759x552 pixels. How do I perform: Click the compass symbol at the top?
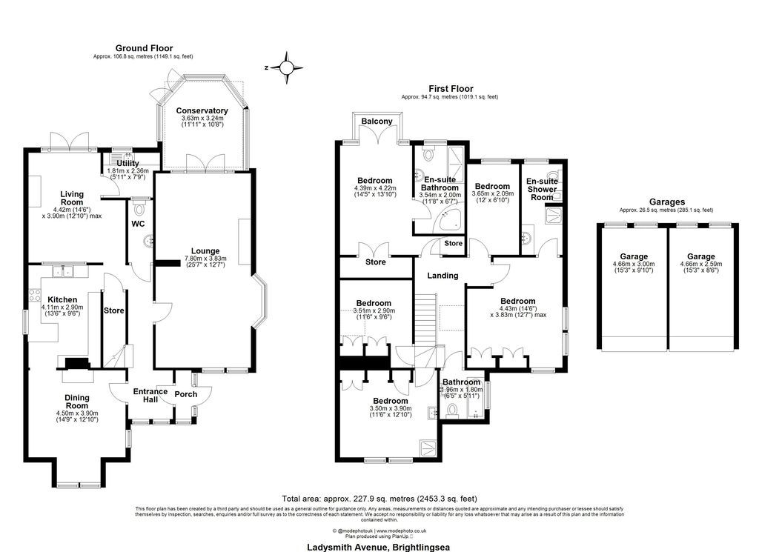(x=286, y=67)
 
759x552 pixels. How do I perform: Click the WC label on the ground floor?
(x=138, y=223)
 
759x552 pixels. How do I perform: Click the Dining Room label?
(x=77, y=402)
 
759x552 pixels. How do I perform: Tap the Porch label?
(x=185, y=394)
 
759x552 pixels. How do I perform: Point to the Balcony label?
(x=377, y=122)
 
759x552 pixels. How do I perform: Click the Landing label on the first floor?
(x=442, y=276)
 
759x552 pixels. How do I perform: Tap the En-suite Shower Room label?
(x=542, y=189)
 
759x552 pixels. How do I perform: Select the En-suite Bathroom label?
(x=440, y=184)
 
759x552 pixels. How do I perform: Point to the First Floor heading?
(x=449, y=87)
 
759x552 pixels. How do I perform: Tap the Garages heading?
(x=664, y=201)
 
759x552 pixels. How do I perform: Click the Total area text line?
(x=379, y=499)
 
